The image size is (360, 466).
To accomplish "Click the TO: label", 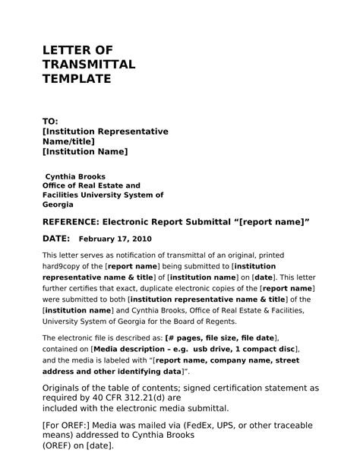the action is (50, 122).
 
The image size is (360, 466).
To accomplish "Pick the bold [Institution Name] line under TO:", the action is (85, 151).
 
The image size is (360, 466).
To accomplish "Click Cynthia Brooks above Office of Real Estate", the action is (75, 176).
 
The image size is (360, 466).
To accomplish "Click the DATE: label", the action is (56, 239).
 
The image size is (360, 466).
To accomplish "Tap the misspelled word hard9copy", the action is (64, 268).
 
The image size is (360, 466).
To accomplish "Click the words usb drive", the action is (213, 348).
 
